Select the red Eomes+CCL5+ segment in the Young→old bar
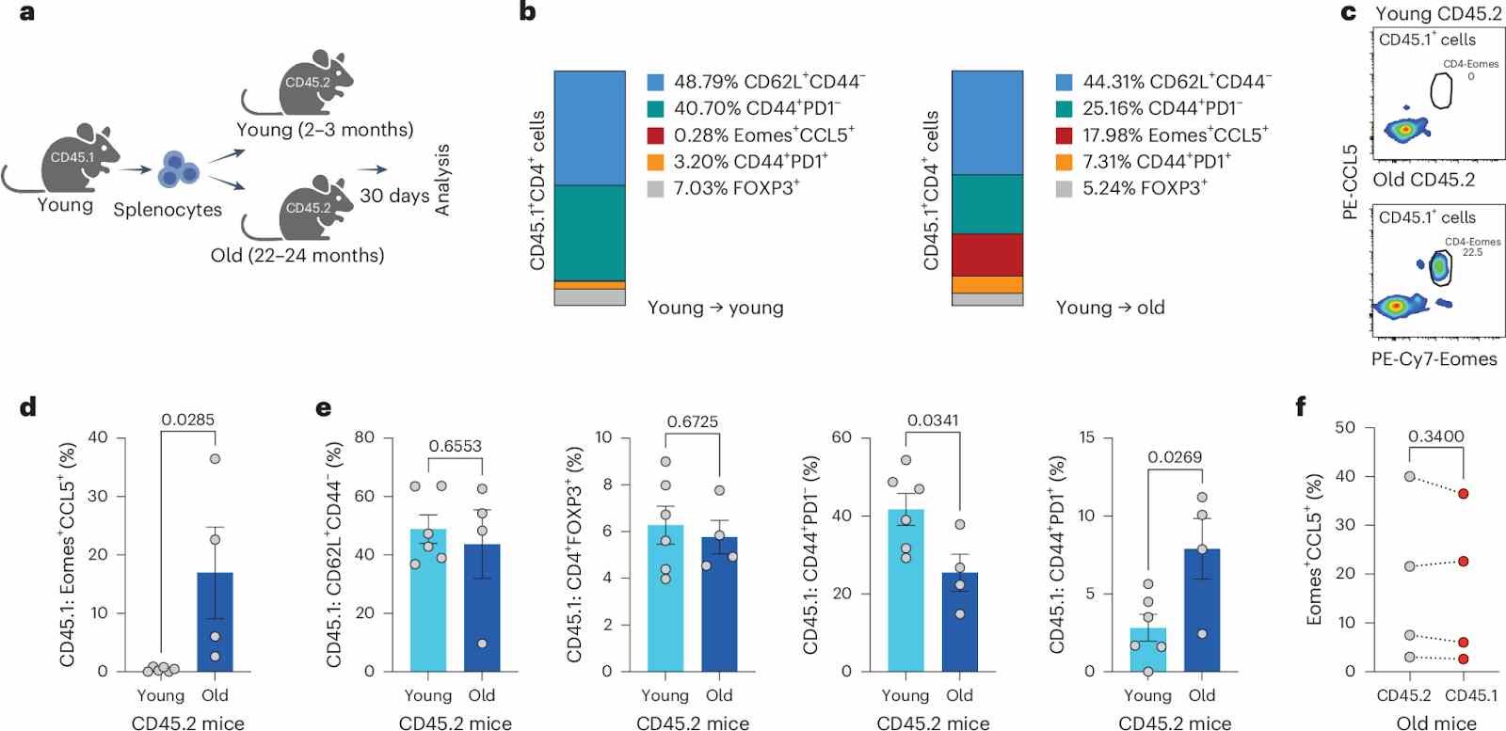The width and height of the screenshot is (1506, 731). pyautogui.click(x=987, y=254)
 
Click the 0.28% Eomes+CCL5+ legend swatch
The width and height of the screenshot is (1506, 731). pyautogui.click(x=656, y=135)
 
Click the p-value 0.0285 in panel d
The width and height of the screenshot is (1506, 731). pyautogui.click(x=187, y=420)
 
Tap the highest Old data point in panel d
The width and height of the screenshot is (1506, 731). pyautogui.click(x=215, y=459)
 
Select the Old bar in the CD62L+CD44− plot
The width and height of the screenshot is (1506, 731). pyautogui.click(x=482, y=607)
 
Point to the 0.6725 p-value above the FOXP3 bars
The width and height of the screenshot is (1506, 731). pyautogui.click(x=692, y=421)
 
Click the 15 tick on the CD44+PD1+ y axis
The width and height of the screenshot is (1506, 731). pyautogui.click(x=1087, y=437)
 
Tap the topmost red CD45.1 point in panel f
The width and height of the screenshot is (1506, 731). pyautogui.click(x=1464, y=493)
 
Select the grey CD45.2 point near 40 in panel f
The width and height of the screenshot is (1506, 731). pyautogui.click(x=1409, y=477)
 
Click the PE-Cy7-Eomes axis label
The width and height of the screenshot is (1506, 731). pyautogui.click(x=1434, y=358)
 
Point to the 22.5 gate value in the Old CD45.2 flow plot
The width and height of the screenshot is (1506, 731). pyautogui.click(x=1472, y=252)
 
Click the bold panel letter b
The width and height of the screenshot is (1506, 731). pyautogui.click(x=528, y=12)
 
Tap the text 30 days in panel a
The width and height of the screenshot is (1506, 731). pyautogui.click(x=394, y=196)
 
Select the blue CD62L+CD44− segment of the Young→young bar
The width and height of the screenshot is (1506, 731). pyautogui.click(x=589, y=128)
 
